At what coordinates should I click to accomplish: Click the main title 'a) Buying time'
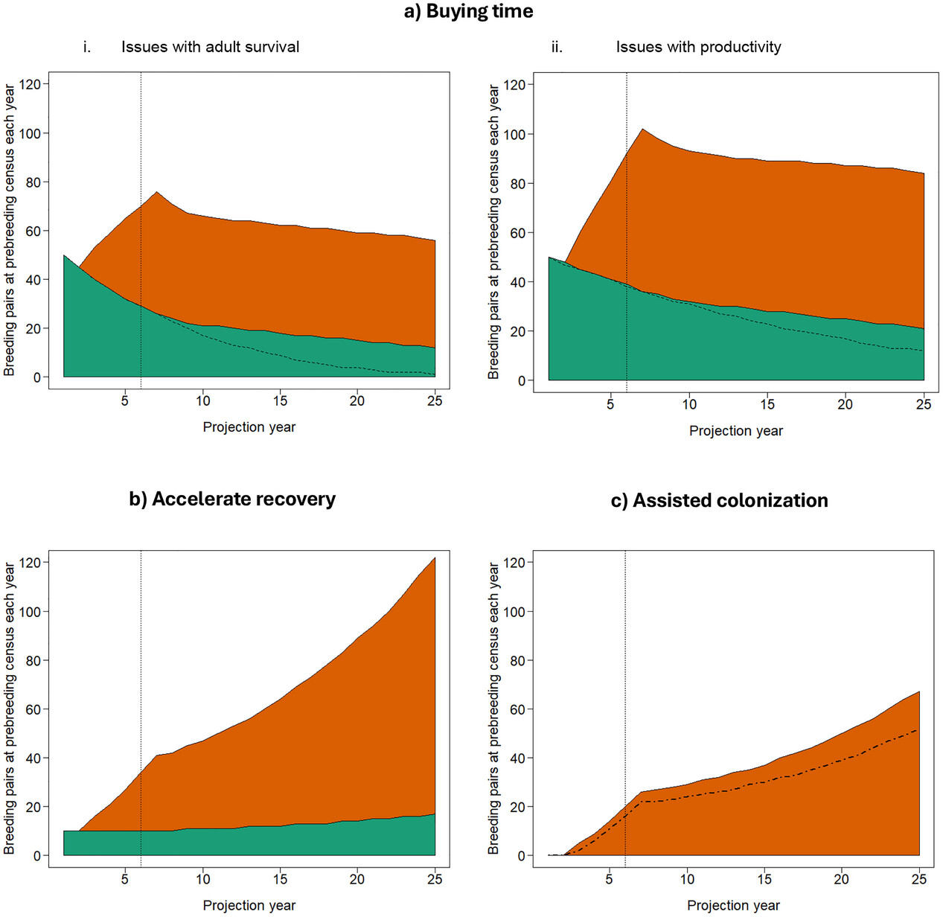(468, 11)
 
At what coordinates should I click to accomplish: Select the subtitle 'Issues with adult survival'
(210, 47)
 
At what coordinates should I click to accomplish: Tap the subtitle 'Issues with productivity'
(698, 47)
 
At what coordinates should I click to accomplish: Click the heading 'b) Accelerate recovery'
(232, 499)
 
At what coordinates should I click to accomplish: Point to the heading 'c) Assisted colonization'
(719, 500)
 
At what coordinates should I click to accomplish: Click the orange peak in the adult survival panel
(156, 192)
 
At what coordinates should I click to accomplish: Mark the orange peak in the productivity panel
(642, 130)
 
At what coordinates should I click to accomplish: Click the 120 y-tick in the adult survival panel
(31, 84)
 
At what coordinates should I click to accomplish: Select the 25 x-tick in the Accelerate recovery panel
(435, 879)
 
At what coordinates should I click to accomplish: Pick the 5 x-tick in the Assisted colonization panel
(610, 879)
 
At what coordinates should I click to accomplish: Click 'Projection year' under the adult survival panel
(249, 427)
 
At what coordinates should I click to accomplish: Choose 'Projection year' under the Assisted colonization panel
(733, 905)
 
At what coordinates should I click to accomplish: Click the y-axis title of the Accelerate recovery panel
(10, 707)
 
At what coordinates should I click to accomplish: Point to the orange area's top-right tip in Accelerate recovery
(435, 558)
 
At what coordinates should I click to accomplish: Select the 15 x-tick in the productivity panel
(767, 404)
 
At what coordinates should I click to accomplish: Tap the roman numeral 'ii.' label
(557, 47)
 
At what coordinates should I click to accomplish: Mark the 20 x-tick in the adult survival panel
(357, 400)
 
